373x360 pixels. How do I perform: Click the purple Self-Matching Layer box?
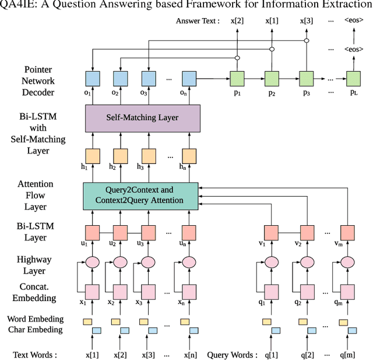(x=142, y=118)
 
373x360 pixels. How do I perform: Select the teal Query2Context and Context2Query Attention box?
(x=140, y=195)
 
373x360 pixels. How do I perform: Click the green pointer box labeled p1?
(x=237, y=79)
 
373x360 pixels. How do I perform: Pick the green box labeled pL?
(x=353, y=79)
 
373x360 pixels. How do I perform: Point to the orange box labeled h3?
(x=149, y=156)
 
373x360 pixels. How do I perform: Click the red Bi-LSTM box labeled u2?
(x=121, y=233)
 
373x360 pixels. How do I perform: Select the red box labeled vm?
(x=348, y=233)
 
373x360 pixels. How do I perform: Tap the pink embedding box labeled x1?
(x=93, y=291)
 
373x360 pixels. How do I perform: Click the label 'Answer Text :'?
(x=198, y=21)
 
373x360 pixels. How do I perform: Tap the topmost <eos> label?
(x=353, y=20)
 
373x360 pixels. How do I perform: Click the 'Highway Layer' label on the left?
(x=35, y=265)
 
